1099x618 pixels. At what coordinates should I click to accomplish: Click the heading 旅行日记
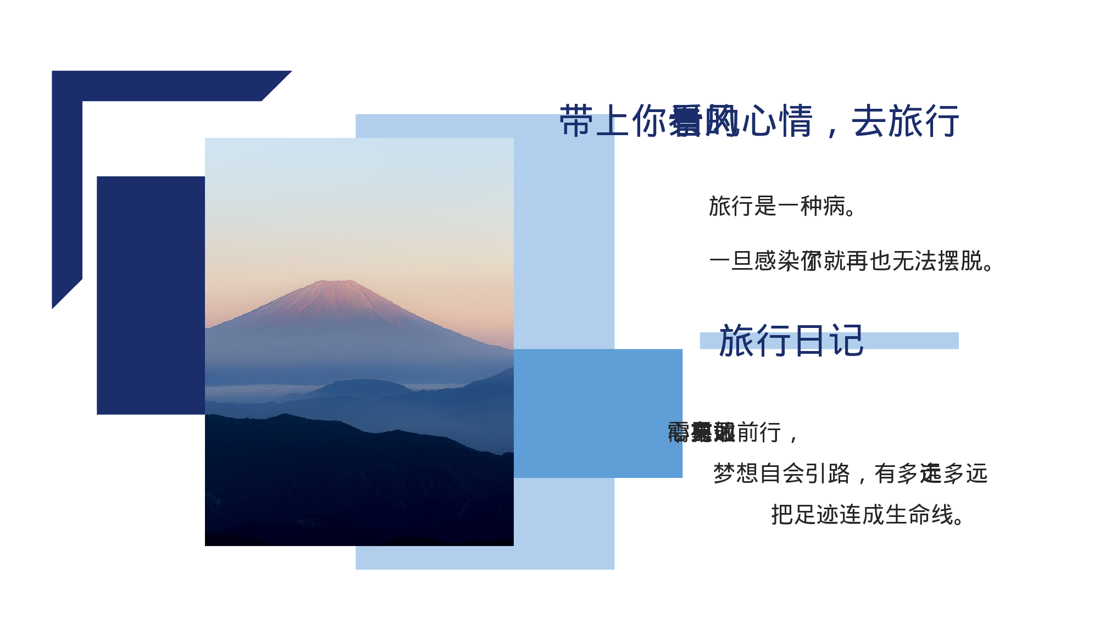(791, 341)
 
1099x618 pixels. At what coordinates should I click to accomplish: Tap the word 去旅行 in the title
(905, 121)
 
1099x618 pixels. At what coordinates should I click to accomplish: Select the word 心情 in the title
(777, 121)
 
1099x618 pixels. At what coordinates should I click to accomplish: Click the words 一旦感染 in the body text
(754, 261)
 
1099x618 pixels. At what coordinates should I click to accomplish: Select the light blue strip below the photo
(484, 558)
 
